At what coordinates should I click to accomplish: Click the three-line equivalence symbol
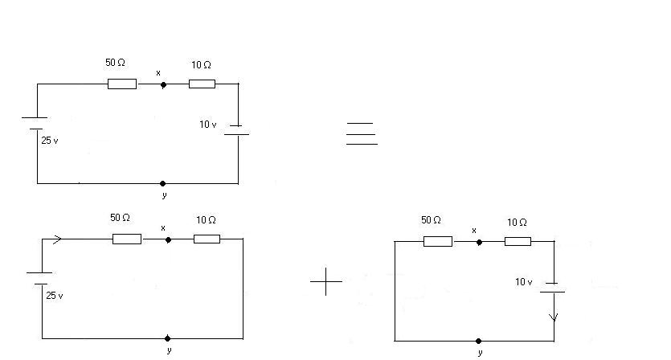click(x=362, y=133)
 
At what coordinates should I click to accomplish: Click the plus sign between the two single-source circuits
click(x=325, y=281)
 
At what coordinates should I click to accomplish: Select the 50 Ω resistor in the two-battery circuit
click(x=122, y=84)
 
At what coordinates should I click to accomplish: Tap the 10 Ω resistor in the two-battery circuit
click(x=202, y=84)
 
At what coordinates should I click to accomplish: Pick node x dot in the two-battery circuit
click(x=163, y=84)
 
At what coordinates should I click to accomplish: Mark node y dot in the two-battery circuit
click(x=163, y=183)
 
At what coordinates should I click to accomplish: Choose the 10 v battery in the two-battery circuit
click(x=237, y=129)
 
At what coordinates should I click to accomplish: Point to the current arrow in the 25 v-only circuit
click(x=57, y=239)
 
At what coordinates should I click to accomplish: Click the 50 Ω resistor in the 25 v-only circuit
click(x=127, y=239)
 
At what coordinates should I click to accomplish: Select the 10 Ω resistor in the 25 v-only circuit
click(x=207, y=239)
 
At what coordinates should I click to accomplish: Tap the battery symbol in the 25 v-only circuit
click(x=40, y=278)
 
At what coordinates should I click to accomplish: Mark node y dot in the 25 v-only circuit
click(x=167, y=338)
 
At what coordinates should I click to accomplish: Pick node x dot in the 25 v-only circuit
click(x=168, y=239)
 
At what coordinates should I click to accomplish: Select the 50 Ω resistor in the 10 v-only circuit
click(x=438, y=241)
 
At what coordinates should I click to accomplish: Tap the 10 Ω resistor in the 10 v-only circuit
click(x=518, y=241)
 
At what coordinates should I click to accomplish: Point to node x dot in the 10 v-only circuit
click(x=479, y=241)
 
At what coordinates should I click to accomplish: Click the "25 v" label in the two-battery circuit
click(x=50, y=141)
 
